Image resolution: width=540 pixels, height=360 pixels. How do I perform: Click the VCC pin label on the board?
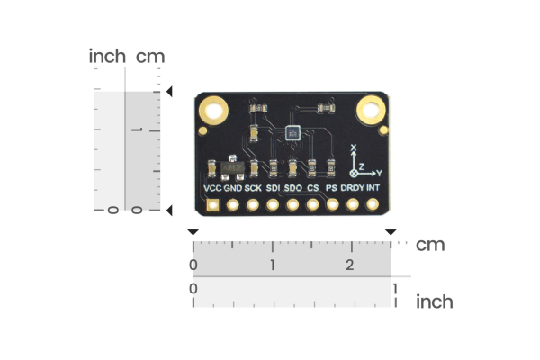pyautogui.click(x=212, y=189)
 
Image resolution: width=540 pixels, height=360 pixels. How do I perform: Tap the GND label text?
pyautogui.click(x=233, y=189)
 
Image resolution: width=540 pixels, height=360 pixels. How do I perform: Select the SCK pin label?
pyautogui.click(x=253, y=189)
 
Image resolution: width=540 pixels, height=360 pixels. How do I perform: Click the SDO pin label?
pyautogui.click(x=292, y=189)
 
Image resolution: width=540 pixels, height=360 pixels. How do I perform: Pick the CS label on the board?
pyautogui.click(x=312, y=189)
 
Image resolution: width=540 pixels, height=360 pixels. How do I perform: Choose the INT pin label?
pyautogui.click(x=373, y=189)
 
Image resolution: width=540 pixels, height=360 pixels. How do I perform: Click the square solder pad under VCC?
pyautogui.click(x=213, y=206)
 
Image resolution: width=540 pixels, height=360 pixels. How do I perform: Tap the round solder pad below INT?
pyautogui.click(x=373, y=206)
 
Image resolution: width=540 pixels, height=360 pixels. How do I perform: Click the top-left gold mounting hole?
pyautogui.click(x=215, y=112)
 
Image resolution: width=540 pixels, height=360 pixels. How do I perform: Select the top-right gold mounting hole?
pyautogui.click(x=371, y=112)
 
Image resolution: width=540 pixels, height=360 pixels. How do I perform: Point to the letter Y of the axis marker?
pyautogui.click(x=379, y=172)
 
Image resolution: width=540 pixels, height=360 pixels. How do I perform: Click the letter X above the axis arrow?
pyautogui.click(x=354, y=148)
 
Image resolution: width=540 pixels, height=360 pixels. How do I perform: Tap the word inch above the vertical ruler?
pyautogui.click(x=107, y=57)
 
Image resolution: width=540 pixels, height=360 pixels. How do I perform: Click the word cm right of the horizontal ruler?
pyautogui.click(x=430, y=245)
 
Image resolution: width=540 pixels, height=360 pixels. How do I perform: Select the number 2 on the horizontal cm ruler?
pyautogui.click(x=350, y=265)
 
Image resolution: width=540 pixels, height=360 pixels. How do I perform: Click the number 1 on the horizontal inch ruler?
pyautogui.click(x=393, y=288)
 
